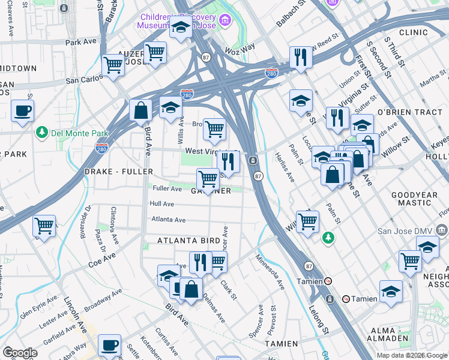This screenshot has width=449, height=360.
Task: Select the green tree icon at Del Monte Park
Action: coord(42,131)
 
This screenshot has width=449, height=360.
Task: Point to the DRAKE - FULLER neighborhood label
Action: coord(116,172)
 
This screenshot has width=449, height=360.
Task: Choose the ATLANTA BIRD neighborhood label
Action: coord(185,241)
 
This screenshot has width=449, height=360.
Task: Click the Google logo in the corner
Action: coord(20,352)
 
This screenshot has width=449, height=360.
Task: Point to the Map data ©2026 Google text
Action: coord(411,355)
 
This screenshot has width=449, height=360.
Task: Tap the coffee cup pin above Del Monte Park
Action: coord(23,110)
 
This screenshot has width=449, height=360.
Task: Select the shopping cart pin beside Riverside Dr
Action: coord(44,226)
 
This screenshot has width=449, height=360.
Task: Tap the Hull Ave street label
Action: coord(161,204)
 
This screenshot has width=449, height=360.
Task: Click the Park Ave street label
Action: coord(81,43)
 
